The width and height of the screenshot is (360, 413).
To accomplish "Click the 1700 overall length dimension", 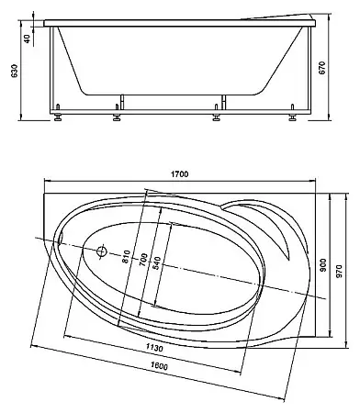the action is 180,174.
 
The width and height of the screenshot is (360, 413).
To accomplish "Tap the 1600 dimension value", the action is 160,366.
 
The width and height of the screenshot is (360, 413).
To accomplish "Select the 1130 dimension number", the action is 154,348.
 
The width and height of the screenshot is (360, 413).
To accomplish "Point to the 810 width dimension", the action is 126,257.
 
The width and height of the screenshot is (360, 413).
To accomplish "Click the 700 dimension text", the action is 143,260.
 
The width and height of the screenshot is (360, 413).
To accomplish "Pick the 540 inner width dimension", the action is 156,263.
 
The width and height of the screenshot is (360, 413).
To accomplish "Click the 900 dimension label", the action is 323,265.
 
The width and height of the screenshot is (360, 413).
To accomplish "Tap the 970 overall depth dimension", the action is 339,272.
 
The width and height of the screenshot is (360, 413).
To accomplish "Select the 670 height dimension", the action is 322,68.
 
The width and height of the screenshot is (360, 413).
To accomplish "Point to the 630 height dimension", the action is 15,72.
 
